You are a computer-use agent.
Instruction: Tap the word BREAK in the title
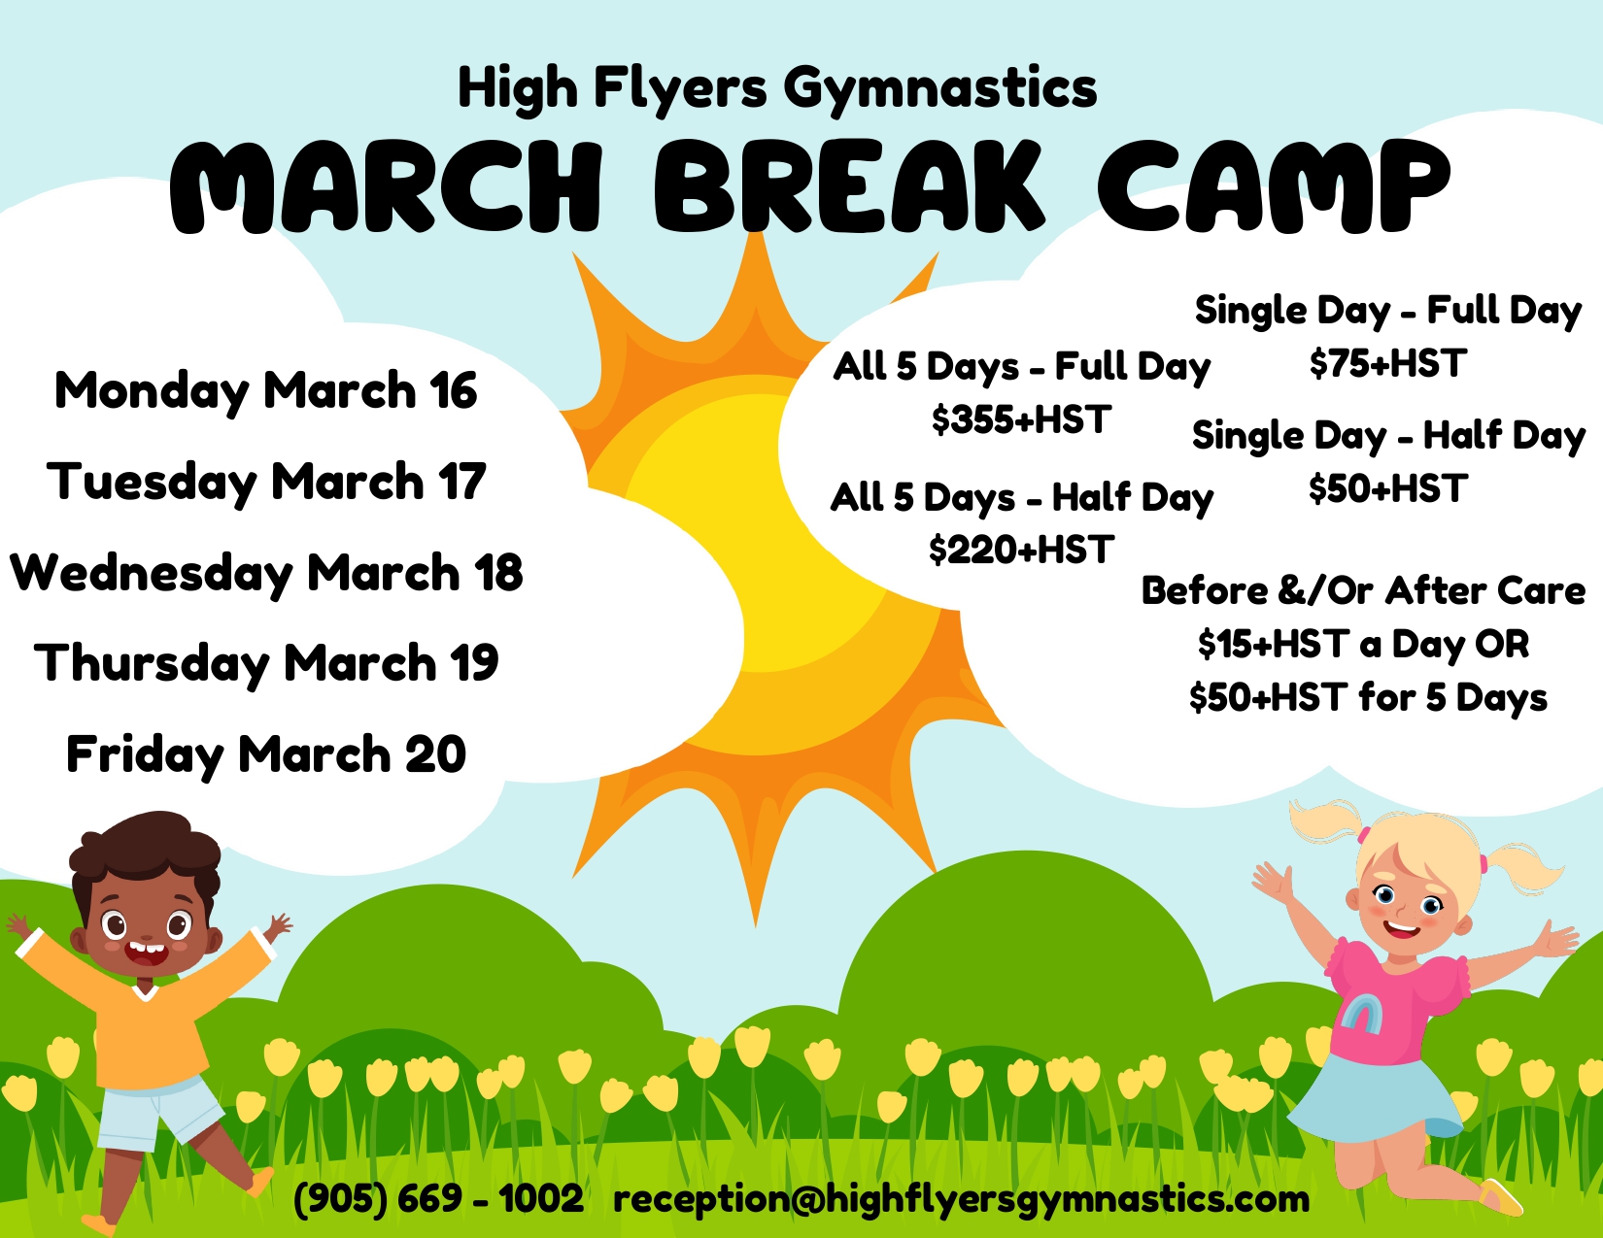tap(848, 185)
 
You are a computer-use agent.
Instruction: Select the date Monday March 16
tap(265, 391)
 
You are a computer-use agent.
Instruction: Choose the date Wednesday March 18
tap(265, 574)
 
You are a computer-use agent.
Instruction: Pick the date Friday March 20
tap(265, 755)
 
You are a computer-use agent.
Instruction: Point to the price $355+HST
tap(1021, 419)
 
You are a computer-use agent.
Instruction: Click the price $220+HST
tap(1021, 550)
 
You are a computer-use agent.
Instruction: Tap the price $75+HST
tap(1387, 363)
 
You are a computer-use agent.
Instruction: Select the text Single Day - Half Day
tap(1388, 436)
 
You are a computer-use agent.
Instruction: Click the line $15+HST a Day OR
tap(1363, 645)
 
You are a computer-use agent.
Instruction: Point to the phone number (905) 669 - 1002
tap(438, 1198)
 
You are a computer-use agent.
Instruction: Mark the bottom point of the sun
tap(755, 925)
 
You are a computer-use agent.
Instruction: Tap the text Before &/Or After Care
tap(1363, 590)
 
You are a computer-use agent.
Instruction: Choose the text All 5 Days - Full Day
tap(1022, 367)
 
